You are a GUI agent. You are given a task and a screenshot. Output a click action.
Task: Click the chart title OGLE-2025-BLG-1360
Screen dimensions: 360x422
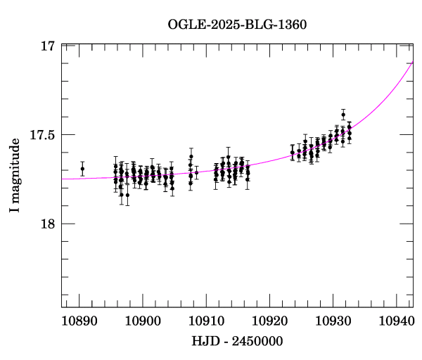coord(237,24)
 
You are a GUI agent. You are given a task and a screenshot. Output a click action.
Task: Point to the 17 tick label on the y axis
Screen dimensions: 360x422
coord(48,46)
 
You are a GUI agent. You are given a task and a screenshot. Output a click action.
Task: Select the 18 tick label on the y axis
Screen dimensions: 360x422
coord(48,224)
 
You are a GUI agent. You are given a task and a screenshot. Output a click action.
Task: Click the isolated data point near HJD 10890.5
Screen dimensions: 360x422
coord(82,169)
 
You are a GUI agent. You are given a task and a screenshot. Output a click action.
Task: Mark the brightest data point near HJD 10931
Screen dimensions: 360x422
coord(343,115)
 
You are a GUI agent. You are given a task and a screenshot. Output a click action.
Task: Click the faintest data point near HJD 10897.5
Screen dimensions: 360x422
coord(127,195)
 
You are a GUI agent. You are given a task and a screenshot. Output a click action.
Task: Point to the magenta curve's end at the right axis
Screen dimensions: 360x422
coord(413,62)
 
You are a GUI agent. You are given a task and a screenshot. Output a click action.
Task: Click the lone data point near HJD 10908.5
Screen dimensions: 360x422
coord(196,172)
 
